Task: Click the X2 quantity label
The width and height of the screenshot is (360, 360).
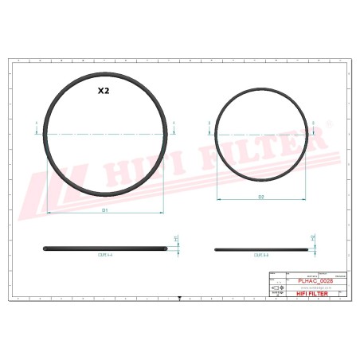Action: (104, 91)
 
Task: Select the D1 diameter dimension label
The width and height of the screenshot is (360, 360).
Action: (104, 210)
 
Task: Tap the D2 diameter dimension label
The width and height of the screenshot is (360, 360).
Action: (260, 196)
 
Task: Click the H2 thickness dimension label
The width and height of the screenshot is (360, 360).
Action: (313, 238)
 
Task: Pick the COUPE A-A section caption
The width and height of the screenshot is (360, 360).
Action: (105, 256)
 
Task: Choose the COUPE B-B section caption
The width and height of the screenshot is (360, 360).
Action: (260, 256)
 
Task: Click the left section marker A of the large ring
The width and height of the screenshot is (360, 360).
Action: (37, 123)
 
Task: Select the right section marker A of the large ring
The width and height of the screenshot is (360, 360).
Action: (174, 123)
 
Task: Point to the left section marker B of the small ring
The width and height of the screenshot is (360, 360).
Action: (209, 123)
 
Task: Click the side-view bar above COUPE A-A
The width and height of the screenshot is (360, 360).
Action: (105, 248)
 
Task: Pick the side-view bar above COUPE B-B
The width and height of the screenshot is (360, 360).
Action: (260, 249)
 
